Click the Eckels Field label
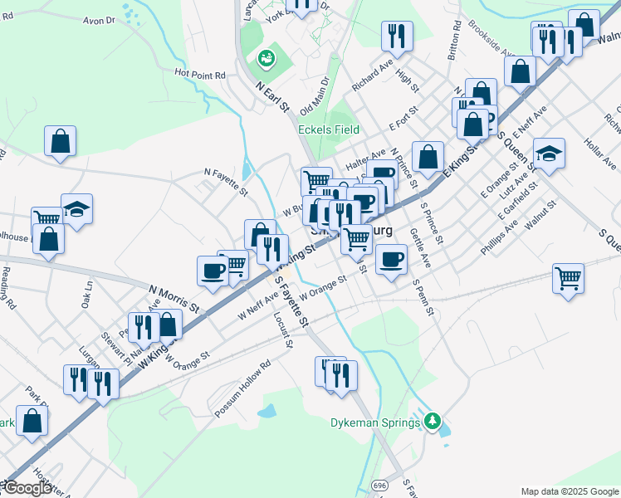pos(329,129)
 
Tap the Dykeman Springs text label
pos(377,422)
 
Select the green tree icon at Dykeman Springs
pos(432,422)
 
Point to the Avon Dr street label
pos(98,19)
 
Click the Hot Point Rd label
pos(200,74)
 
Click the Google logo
pos(27,488)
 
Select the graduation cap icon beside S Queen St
pos(549,154)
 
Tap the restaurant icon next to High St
pos(397,36)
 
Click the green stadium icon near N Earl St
pos(266,58)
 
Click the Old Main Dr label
pos(315,95)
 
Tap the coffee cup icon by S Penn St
pos(391,259)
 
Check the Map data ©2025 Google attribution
pos(569,491)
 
